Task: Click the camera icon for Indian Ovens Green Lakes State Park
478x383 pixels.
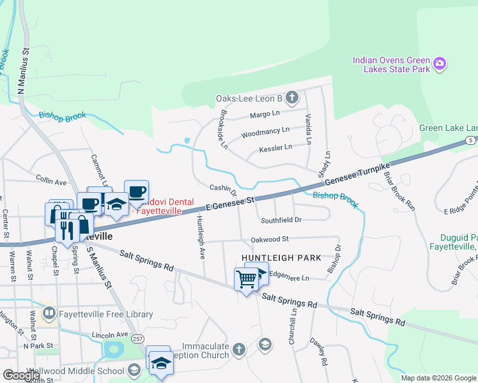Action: coord(439,63)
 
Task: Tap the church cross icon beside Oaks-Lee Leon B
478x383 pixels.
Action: coord(292,98)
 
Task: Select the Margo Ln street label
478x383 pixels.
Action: coord(265,114)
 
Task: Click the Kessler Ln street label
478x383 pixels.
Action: coord(275,147)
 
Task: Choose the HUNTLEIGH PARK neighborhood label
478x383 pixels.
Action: coord(281,258)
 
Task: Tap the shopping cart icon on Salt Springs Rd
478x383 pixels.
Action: coord(246,279)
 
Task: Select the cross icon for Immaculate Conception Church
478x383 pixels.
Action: coord(238,349)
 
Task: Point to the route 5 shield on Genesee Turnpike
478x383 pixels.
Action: coord(470,140)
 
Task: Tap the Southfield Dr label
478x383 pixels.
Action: coord(281,220)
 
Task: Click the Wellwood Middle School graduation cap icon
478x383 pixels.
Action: coord(134,370)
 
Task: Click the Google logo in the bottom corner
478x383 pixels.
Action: coord(21,375)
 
